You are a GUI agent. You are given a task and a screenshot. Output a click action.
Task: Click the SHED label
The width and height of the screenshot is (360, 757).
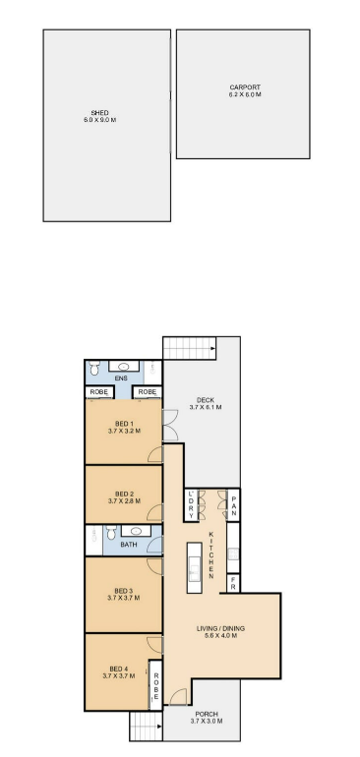point(99,113)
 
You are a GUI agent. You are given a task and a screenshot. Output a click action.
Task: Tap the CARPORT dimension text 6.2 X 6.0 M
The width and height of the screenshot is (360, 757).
point(245,94)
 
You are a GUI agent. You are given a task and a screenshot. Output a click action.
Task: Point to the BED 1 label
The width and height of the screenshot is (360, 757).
point(124,425)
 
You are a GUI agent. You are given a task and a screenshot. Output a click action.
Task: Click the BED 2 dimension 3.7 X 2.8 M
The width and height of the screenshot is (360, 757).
point(124,501)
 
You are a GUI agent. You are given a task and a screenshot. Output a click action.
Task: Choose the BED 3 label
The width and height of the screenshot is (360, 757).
point(124,591)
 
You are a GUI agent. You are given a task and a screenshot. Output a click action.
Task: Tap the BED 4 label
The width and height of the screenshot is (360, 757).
point(119,670)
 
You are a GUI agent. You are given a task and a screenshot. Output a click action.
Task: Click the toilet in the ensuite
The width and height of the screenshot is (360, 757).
point(94,368)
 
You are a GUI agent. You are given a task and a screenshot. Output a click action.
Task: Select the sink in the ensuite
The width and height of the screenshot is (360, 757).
point(124,366)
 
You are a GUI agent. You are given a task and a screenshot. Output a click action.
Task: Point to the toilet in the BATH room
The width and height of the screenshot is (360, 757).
point(111,533)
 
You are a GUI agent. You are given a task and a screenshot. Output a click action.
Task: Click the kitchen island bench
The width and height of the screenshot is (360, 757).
point(194,568)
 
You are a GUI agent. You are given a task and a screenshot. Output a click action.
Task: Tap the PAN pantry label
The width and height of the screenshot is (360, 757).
point(233,504)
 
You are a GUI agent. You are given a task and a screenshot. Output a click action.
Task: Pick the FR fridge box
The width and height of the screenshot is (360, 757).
point(233,584)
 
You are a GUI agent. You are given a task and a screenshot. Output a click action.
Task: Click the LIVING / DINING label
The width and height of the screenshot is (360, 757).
point(220,628)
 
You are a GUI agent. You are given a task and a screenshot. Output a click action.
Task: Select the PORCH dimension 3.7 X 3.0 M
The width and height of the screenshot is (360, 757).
point(207,722)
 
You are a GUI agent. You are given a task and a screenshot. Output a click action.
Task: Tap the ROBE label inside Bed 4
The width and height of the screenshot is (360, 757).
point(155,684)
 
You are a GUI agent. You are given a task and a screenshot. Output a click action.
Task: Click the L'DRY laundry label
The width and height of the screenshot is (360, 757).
point(191,505)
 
